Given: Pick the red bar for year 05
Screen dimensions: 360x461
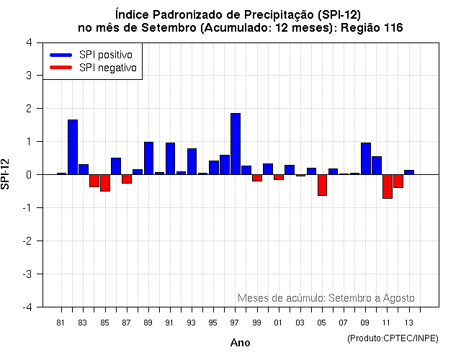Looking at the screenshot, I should tap(322, 185).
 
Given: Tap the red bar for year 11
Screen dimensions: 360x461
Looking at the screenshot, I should tap(388, 186).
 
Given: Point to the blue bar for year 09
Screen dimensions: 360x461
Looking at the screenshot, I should tap(366, 158).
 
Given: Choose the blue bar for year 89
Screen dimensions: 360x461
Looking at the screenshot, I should tap(148, 158).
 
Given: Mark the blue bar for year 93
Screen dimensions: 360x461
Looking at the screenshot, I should tap(192, 161).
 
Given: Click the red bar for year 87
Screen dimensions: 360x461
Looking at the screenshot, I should tap(127, 179).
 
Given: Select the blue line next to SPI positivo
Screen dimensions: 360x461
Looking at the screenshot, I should tap(61, 55).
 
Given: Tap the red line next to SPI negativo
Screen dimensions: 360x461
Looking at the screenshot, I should tap(61, 68).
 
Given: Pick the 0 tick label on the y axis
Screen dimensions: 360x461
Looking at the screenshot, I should tap(28, 174).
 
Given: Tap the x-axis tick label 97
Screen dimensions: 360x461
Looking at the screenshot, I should tap(235, 322).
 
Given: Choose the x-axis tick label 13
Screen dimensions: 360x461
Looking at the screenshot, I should tap(409, 322).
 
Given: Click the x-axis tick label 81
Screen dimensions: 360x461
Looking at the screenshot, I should tap(61, 322).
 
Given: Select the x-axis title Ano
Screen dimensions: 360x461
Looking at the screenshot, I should tap(240, 343).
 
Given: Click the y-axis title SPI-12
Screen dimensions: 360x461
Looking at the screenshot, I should tap(6, 174).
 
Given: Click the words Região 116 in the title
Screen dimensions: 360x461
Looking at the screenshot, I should tap(376, 27).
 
